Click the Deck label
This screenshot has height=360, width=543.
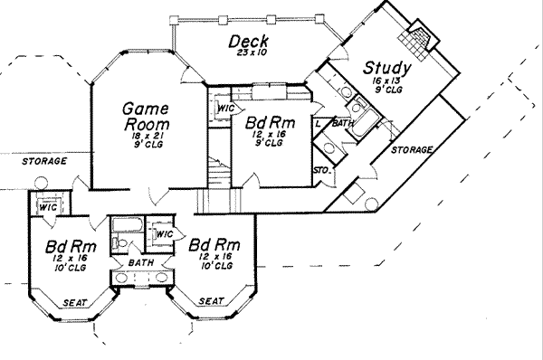pyautogui.click(x=246, y=41)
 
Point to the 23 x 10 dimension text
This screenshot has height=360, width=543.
pyautogui.click(x=246, y=56)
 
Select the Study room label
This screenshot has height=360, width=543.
pyautogui.click(x=387, y=68)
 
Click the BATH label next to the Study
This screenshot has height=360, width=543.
pyautogui.click(x=343, y=122)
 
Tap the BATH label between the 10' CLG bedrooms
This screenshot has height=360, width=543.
pyautogui.click(x=140, y=261)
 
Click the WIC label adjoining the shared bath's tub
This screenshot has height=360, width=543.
pyautogui.click(x=164, y=235)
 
